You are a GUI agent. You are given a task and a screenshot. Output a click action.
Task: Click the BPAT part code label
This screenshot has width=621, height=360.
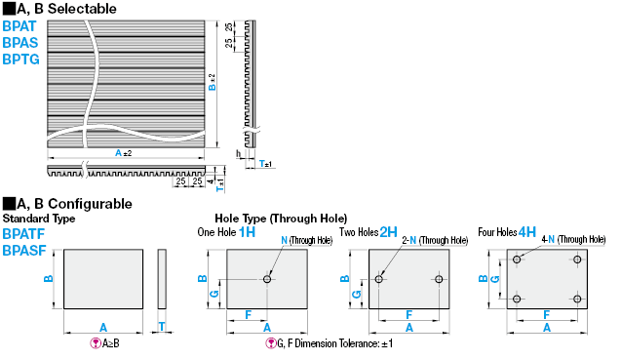pyautogui.click(x=19, y=26)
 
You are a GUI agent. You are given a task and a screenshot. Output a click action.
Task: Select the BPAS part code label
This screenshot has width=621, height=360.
pyautogui.click(x=20, y=43)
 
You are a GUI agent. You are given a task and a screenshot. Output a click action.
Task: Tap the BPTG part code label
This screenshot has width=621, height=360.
pyautogui.click(x=21, y=60)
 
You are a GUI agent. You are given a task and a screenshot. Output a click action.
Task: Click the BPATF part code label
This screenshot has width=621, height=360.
pyautogui.click(x=23, y=234)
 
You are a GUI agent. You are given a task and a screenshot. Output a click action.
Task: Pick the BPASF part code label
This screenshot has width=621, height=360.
pyautogui.click(x=24, y=251)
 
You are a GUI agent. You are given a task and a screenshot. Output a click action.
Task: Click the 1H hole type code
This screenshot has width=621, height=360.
pyautogui.click(x=248, y=232)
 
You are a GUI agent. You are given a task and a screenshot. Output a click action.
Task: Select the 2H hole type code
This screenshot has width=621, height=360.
pyautogui.click(x=388, y=232)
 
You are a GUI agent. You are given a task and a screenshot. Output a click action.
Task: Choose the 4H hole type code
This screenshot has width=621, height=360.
pyautogui.click(x=527, y=232)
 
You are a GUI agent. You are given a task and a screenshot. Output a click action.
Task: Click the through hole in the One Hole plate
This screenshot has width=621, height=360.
pyautogui.click(x=267, y=279)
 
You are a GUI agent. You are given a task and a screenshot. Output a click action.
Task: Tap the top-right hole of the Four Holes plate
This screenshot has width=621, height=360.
pyautogui.click(x=577, y=260)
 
